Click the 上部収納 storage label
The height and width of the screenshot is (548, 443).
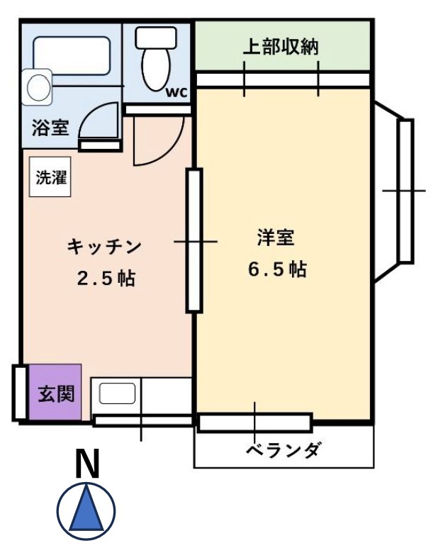click(281, 47)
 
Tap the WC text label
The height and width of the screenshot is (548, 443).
click(176, 92)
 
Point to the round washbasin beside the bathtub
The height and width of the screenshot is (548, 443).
click(37, 87)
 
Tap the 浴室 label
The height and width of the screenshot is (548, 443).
click(50, 128)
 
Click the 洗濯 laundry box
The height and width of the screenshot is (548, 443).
click(51, 177)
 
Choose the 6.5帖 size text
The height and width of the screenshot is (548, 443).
click(277, 269)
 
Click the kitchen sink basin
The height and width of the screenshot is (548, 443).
click(118, 393)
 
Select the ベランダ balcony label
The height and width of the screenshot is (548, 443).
click(284, 450)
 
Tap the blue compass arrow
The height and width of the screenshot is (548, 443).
click(86, 510)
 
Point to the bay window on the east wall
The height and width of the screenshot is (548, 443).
click(404, 191)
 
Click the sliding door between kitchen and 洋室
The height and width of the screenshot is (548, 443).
click(194, 240)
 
